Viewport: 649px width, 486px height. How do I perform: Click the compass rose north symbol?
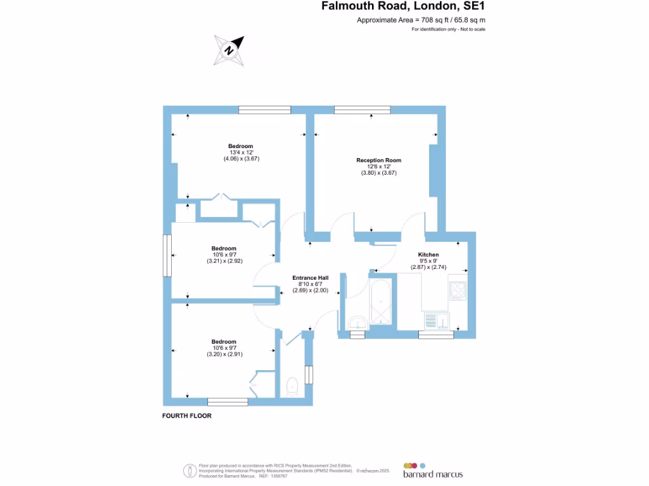click(229, 50)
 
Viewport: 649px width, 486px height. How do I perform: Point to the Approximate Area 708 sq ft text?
click(421, 20)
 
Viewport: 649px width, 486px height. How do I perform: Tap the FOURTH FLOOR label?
click(186, 416)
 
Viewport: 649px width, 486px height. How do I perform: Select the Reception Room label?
click(378, 160)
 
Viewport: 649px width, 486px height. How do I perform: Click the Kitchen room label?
click(428, 254)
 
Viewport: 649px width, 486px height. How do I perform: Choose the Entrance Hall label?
click(310, 278)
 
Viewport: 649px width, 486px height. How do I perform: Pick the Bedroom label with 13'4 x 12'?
click(241, 146)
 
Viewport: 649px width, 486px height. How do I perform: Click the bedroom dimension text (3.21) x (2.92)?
click(224, 261)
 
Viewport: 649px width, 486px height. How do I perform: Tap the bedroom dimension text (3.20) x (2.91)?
click(224, 354)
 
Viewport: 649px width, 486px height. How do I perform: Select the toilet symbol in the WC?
click(293, 385)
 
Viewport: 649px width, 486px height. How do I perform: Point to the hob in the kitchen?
click(458, 290)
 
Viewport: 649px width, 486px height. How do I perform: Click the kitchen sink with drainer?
click(436, 321)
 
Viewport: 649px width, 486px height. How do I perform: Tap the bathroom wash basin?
click(357, 324)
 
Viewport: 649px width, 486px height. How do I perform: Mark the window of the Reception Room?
click(362, 110)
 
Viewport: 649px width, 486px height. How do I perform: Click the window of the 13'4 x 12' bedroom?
click(264, 110)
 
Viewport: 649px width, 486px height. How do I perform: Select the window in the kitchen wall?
click(435, 335)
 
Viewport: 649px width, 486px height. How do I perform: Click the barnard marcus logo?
click(432, 470)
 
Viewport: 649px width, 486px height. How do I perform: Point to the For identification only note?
click(448, 30)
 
